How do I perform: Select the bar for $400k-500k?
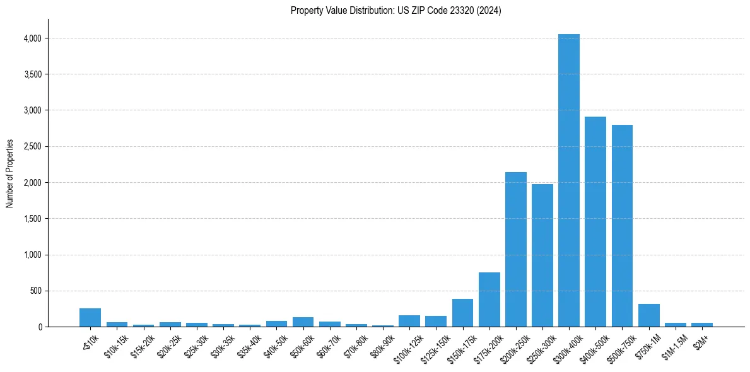pyautogui.click(x=595, y=221)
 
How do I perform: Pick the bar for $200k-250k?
pyautogui.click(x=515, y=249)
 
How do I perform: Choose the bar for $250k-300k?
pyautogui.click(x=542, y=255)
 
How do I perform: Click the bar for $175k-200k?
pyautogui.click(x=489, y=299)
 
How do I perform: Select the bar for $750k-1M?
pyautogui.click(x=648, y=315)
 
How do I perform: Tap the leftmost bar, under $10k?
pyautogui.click(x=90, y=318)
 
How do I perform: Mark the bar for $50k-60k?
pyautogui.click(x=303, y=322)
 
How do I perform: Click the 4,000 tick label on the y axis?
pyautogui.click(x=32, y=38)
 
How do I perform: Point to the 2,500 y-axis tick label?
pyautogui.click(x=32, y=147)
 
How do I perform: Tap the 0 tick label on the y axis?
pyautogui.click(x=39, y=327)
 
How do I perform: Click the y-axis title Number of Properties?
pyautogui.click(x=10, y=173)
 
